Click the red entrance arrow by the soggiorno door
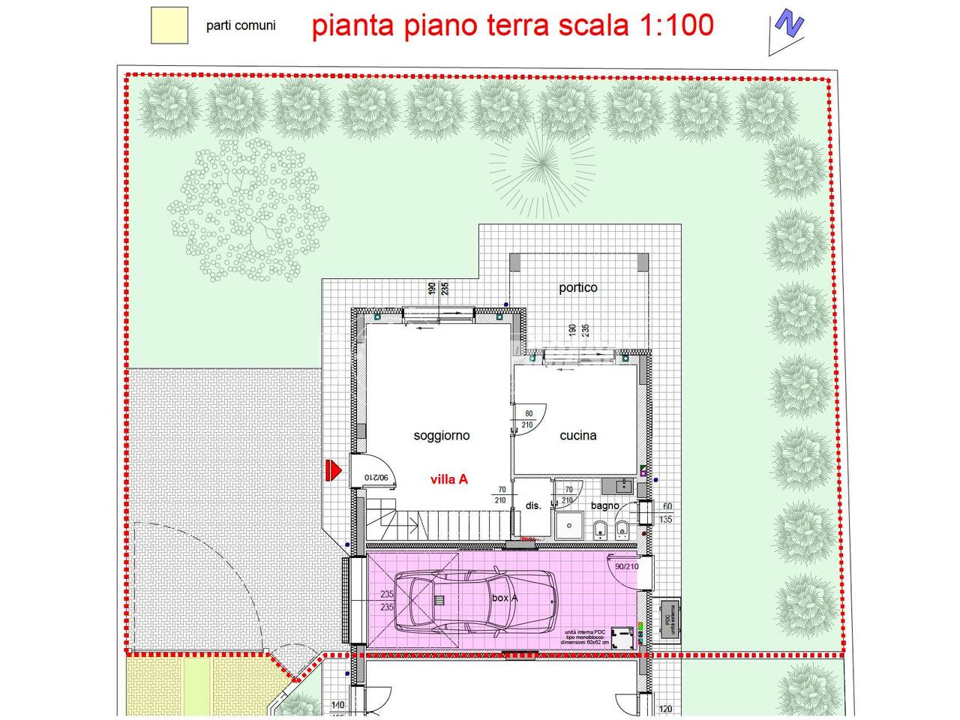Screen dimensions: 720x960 (x=332, y=471)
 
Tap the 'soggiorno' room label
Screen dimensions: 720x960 (x=442, y=435)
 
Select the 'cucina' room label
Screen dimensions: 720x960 (x=578, y=435)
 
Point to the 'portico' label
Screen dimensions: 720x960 (x=578, y=288)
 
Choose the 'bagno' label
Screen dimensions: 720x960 (x=605, y=505)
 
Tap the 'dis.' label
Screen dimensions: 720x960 (x=533, y=505)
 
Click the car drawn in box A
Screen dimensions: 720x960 (x=476, y=600)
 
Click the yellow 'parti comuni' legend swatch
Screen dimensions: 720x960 (x=169, y=25)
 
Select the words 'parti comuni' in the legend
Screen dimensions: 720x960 (x=241, y=25)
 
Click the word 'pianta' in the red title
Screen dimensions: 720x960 (x=349, y=25)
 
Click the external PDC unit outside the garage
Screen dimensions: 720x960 (x=666, y=619)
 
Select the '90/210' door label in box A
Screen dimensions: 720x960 (x=626, y=566)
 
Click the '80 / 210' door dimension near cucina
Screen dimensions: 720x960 (x=528, y=418)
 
